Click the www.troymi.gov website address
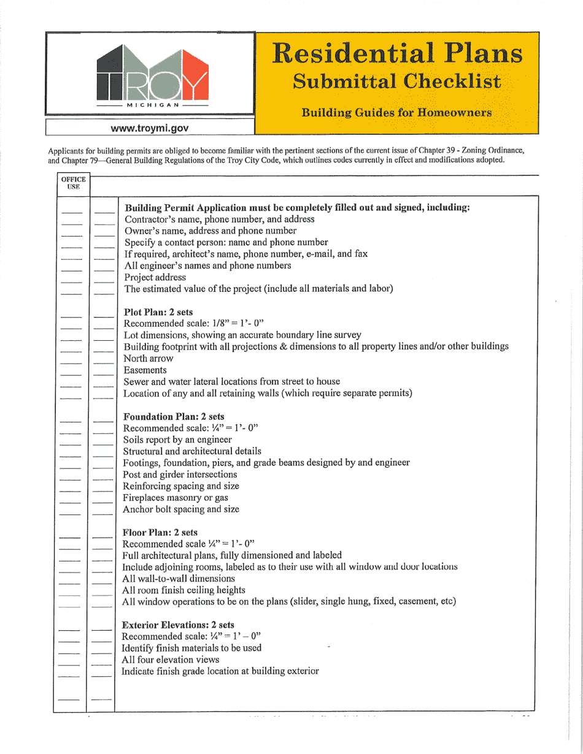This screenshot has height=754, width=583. pos(150,128)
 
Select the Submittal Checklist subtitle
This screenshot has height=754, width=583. pos(396,81)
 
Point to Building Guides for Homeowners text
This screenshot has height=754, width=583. pos(395,113)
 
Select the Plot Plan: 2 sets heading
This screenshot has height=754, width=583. pos(158,311)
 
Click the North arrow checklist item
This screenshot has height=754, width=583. pos(147,359)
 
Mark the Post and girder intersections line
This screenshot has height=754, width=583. pos(180,474)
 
